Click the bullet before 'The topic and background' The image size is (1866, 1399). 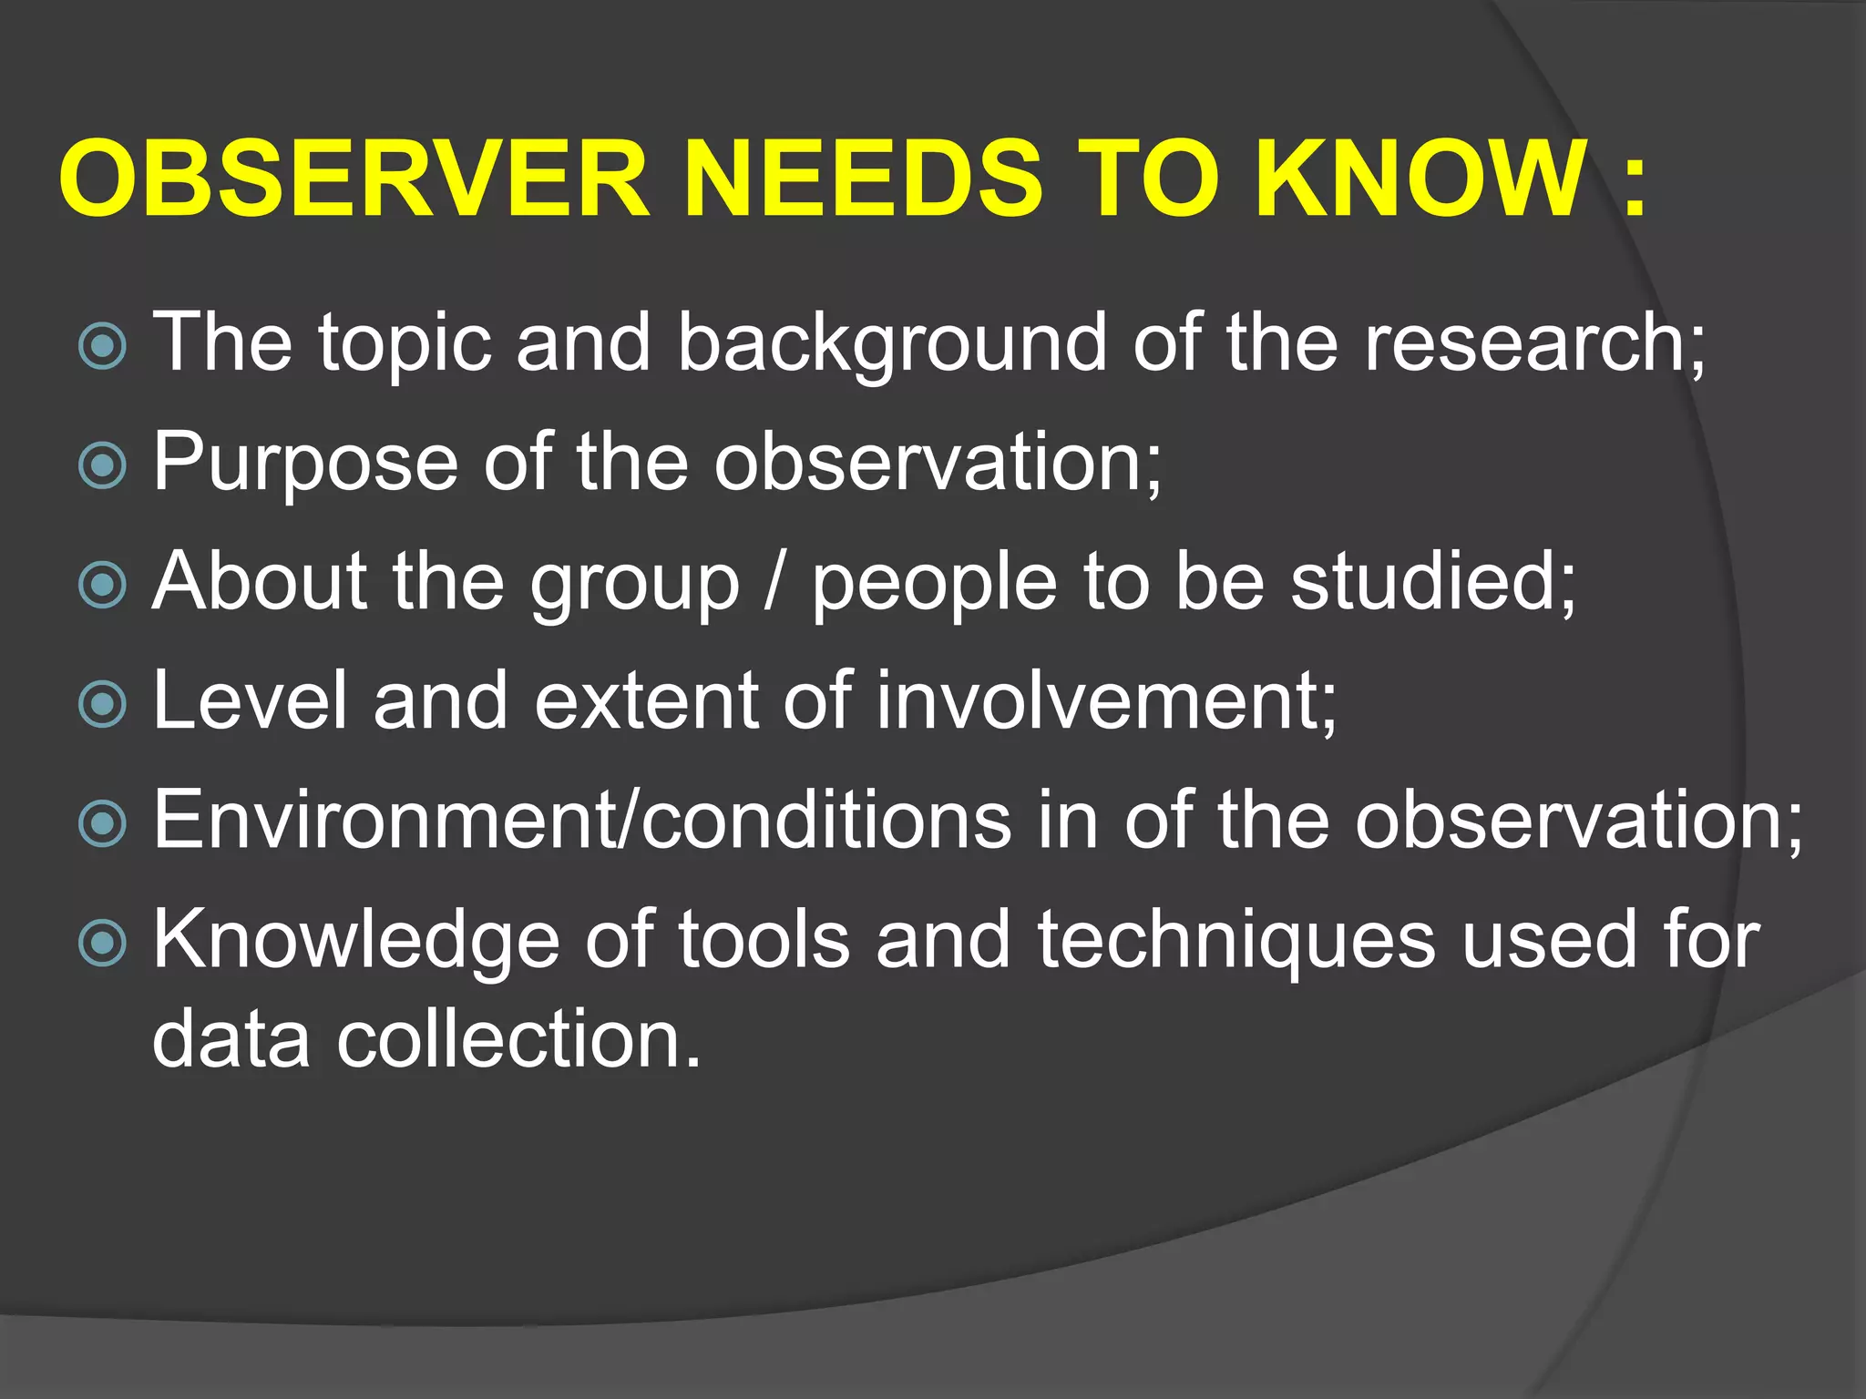[102, 346]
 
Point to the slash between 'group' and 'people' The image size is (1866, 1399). [775, 583]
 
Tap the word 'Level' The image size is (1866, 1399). [250, 700]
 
